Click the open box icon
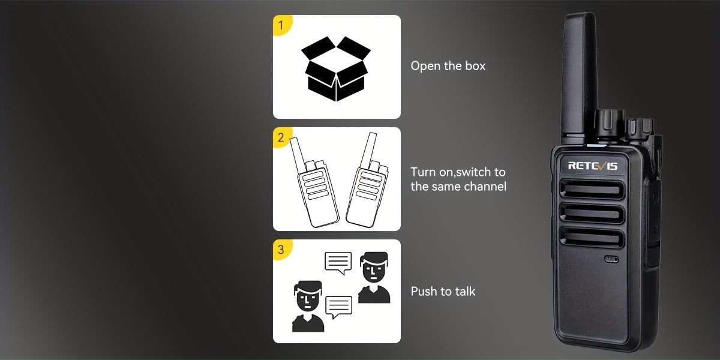[336, 69]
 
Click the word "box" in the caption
[475, 66]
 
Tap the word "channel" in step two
[485, 187]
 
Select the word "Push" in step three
[423, 291]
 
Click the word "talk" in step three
[464, 291]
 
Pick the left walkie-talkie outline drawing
[314, 182]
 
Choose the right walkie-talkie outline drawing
[367, 180]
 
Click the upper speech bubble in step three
[338, 263]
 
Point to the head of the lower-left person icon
[308, 296]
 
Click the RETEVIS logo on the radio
[593, 166]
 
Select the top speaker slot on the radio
[592, 190]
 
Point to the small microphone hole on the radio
[611, 259]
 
